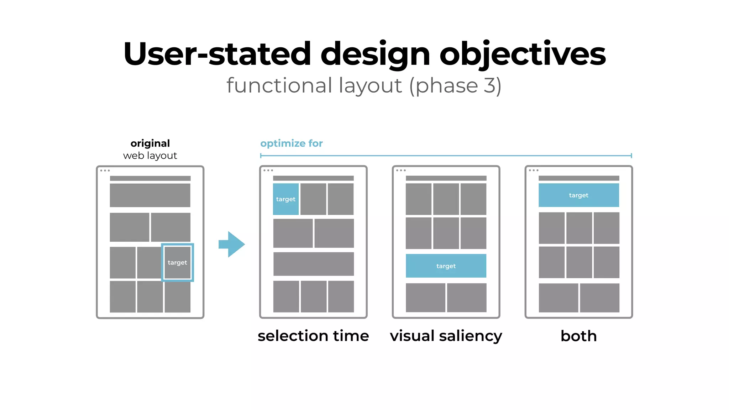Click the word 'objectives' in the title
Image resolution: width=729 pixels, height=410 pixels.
coord(522,54)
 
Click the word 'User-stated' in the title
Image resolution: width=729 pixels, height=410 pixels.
coord(217,54)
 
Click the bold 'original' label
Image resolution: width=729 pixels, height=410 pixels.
coord(150,143)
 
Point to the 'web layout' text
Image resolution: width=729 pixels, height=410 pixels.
coord(150,156)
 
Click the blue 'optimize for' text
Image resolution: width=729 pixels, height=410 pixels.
coord(291,143)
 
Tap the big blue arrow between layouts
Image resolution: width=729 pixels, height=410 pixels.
coord(232,244)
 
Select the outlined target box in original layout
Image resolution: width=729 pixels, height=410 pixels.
coord(177,263)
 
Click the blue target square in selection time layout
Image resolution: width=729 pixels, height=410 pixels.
coord(285,199)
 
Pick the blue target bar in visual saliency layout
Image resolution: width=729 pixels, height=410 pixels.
coord(446,266)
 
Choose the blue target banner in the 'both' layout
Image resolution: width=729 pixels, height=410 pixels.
coord(578,195)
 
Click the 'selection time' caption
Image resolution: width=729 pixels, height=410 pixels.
coord(313,336)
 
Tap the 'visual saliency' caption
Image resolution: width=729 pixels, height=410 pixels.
coord(446,336)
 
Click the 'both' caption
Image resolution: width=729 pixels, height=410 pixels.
coord(578,336)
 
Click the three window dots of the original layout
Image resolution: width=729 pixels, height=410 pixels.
coord(105,170)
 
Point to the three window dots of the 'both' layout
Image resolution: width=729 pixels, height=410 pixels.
coord(533,170)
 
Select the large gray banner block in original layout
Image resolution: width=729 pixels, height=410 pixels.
coord(150,195)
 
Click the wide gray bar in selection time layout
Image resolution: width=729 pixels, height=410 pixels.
coord(313,264)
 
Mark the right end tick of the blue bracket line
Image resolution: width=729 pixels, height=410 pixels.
coord(631,156)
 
